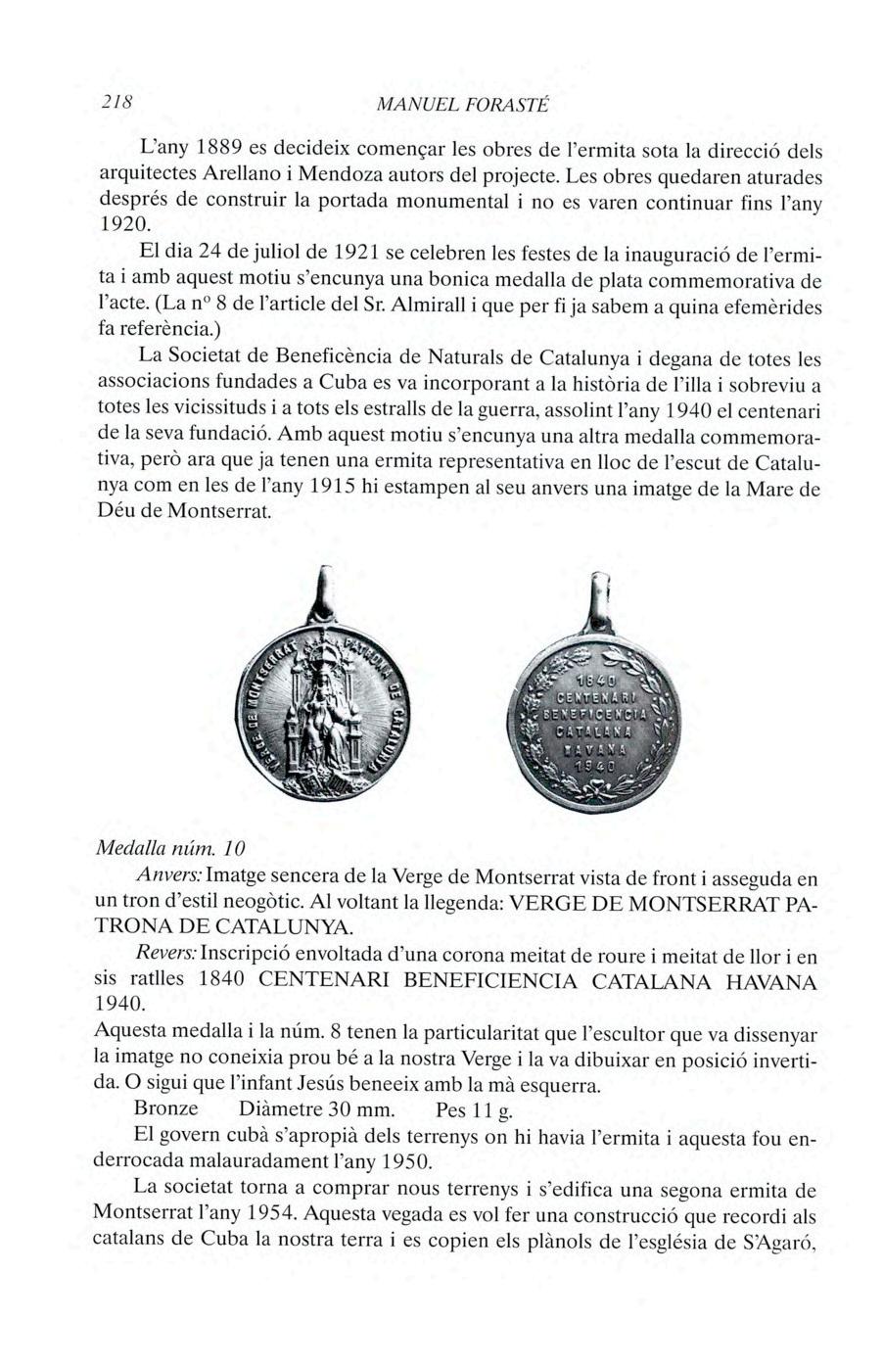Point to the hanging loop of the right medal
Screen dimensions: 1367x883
click(596, 598)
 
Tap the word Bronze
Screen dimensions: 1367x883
click(165, 1109)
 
